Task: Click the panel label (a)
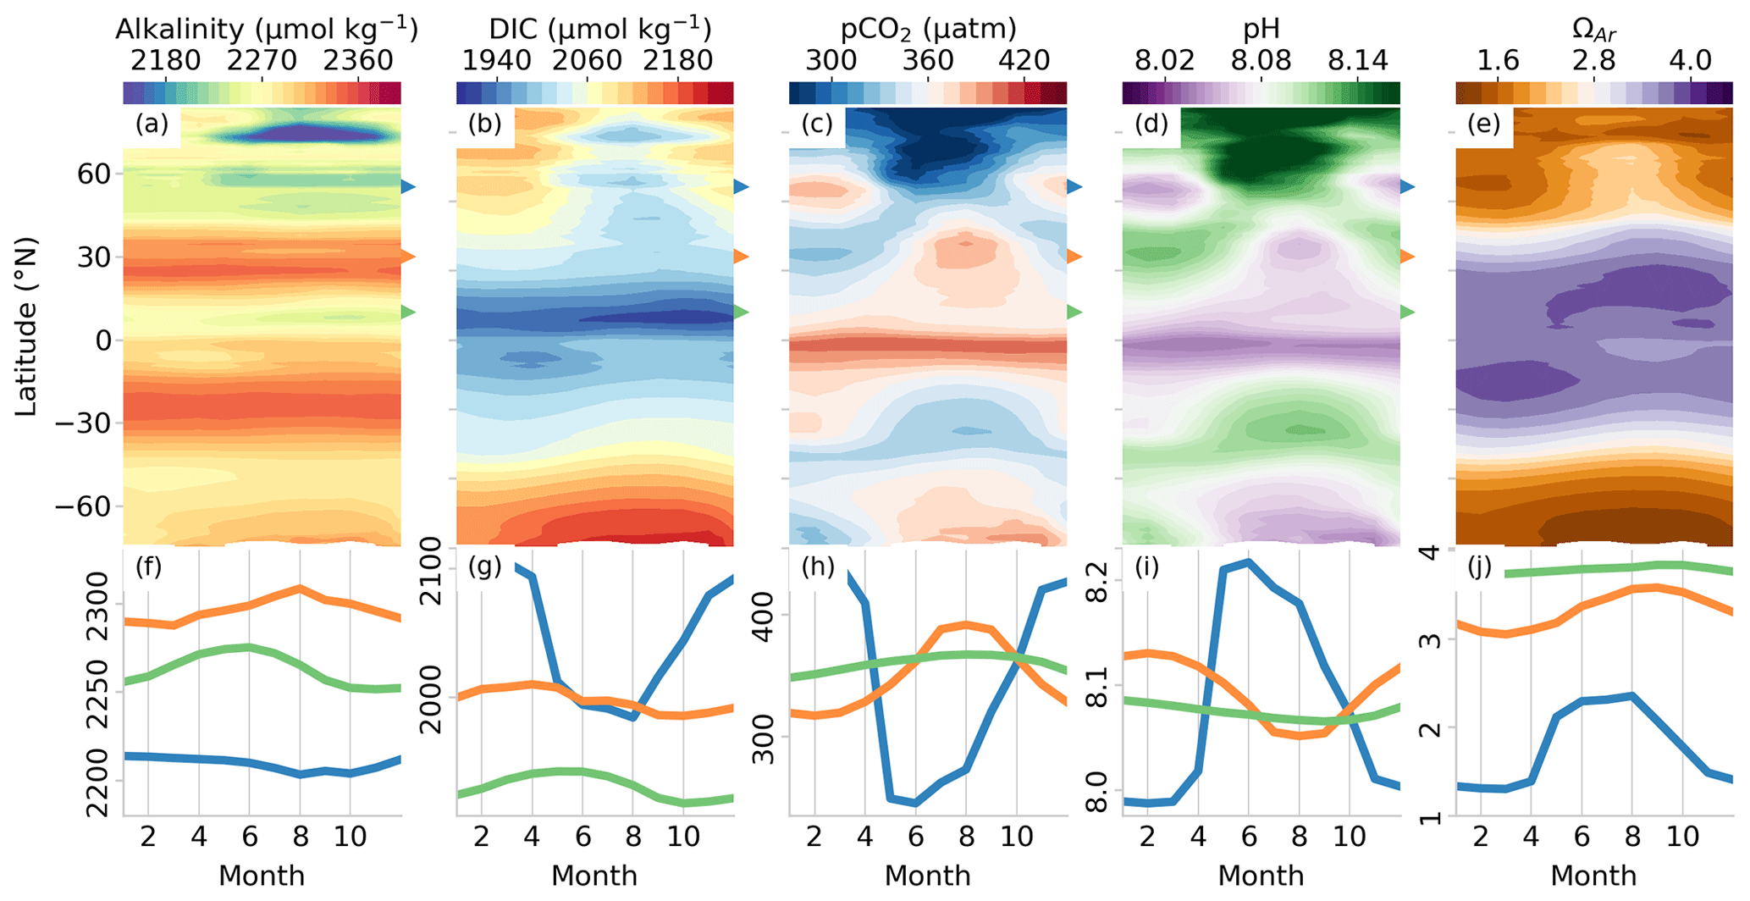152,125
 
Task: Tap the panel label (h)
818,567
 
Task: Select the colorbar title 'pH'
1261,30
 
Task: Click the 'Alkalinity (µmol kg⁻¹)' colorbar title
266,30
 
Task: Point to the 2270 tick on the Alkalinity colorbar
262,61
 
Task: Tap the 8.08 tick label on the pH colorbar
1261,61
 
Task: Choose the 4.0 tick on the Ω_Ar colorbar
1691,61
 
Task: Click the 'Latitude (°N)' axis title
27,326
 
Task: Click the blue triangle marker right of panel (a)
409,186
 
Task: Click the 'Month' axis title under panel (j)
1593,876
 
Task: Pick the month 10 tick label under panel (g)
683,837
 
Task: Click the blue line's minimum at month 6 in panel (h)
915,804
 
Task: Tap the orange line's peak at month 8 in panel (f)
299,587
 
